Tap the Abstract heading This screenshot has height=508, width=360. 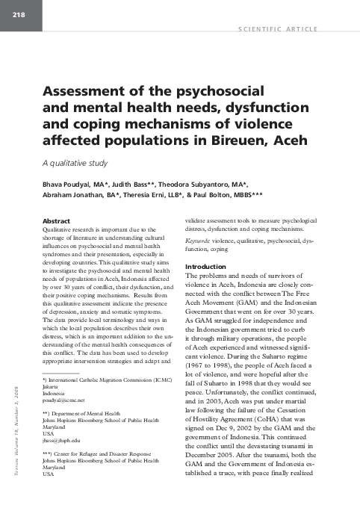(59, 222)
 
